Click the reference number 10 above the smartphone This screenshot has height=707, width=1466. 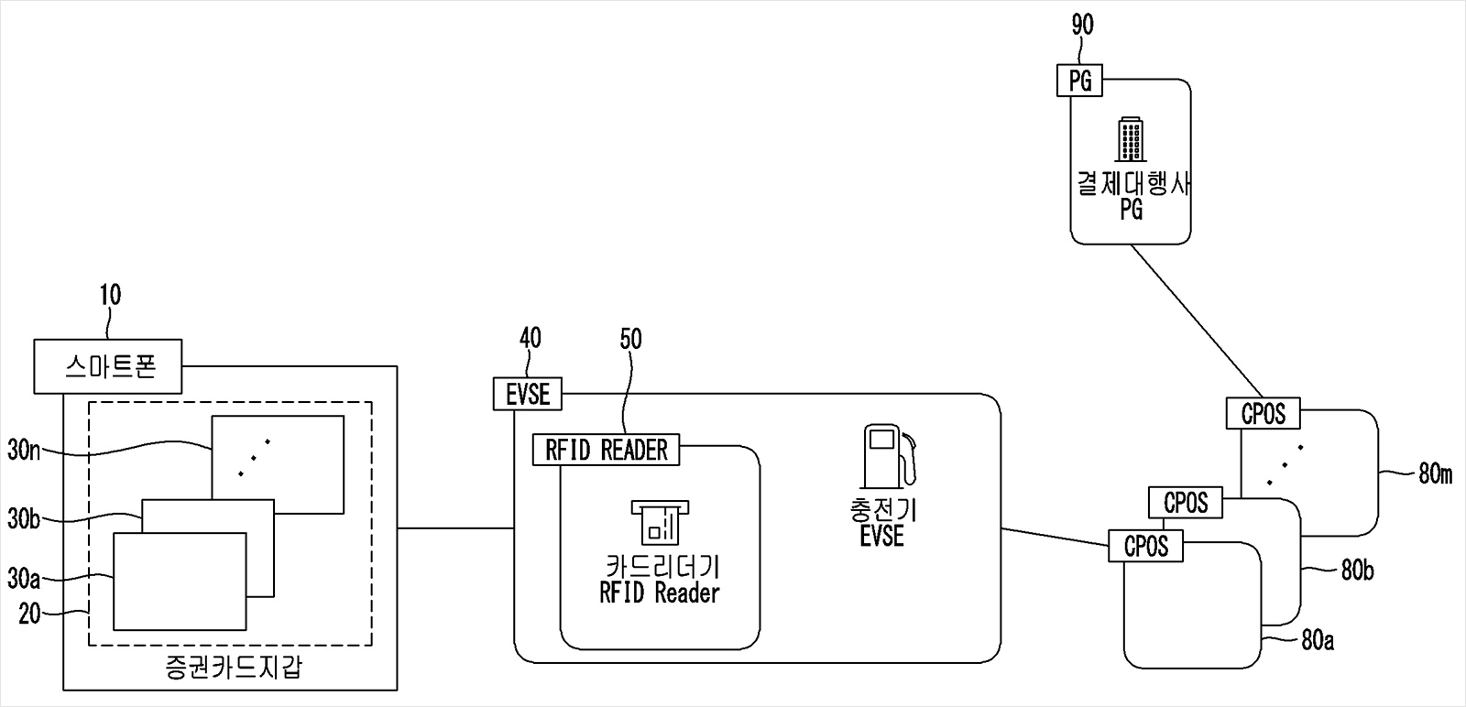coord(110,295)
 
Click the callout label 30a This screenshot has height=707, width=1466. coord(24,579)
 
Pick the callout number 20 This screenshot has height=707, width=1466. coord(29,613)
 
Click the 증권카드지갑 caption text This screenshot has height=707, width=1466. coord(229,666)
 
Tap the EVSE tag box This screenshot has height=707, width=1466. coord(528,394)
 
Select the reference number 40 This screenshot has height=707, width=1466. coord(530,338)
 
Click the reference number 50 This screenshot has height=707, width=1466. coord(630,339)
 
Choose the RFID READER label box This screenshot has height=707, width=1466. coord(607,450)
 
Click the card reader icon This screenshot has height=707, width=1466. coord(660,523)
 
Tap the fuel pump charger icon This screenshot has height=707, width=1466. coord(887,455)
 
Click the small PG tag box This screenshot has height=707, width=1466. coord(1080,81)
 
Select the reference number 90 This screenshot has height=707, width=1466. coord(1082,26)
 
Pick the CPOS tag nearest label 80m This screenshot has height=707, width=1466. coord(1263,414)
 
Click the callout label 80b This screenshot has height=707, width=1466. coord(1356,571)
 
